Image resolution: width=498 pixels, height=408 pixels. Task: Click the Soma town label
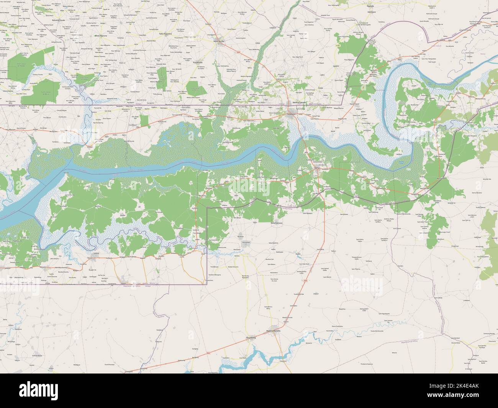(x=316, y=167)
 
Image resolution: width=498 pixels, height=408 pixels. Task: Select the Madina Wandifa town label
(x=274, y=330)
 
